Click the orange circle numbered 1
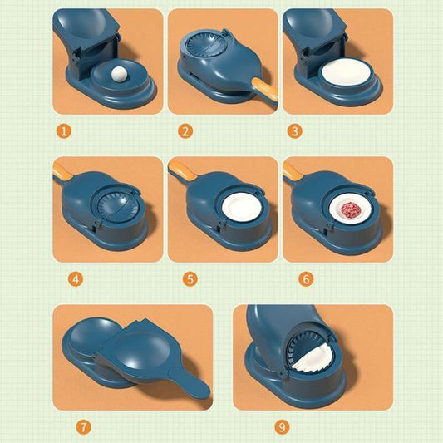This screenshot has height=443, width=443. (x=66, y=130)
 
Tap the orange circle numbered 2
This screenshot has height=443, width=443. (x=185, y=130)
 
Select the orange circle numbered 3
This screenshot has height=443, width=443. (x=295, y=130)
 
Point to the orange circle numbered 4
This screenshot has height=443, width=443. (x=76, y=279)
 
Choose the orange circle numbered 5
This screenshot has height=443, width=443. (x=190, y=279)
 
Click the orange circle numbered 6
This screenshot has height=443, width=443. (x=305, y=279)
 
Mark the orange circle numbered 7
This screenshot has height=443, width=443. (x=82, y=427)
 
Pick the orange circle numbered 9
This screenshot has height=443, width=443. (x=282, y=427)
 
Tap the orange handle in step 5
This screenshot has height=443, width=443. (x=179, y=170)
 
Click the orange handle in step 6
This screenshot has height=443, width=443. (x=292, y=170)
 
